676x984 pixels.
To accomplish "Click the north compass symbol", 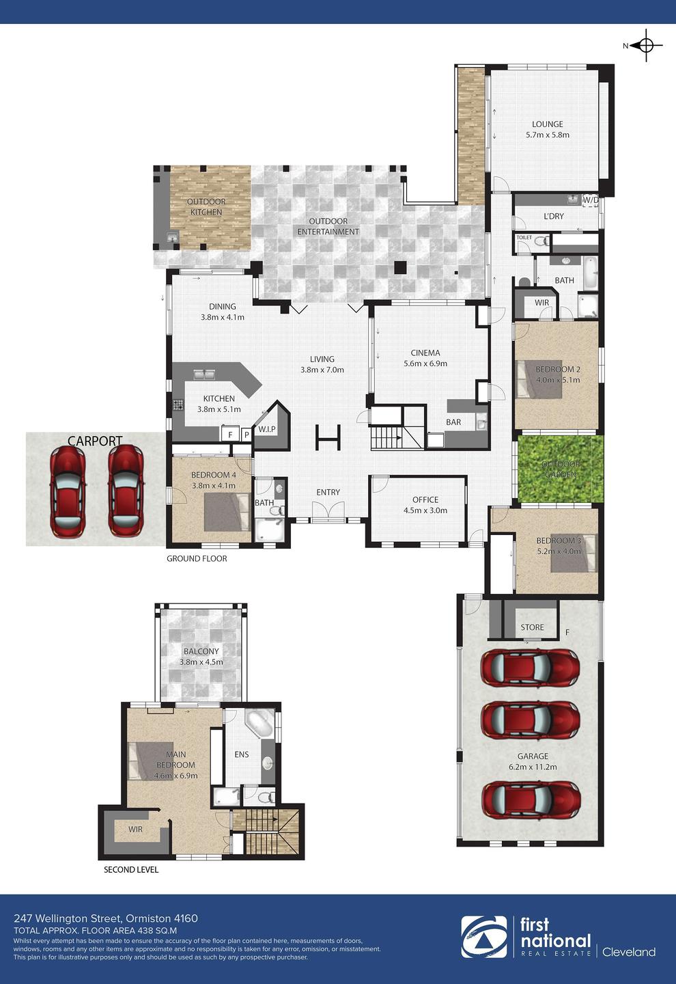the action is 646,45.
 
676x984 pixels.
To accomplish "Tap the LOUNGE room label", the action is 548,124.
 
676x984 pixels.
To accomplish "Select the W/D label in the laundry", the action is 591,200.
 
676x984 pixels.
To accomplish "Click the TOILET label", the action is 524,237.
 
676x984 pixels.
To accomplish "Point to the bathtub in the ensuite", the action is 258,724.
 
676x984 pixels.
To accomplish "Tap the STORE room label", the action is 532,627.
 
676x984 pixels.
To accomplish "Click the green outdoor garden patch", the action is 560,469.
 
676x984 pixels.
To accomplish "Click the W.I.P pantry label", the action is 267,429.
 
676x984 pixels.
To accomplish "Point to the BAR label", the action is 453,422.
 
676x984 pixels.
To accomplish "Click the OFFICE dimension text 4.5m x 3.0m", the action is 425,510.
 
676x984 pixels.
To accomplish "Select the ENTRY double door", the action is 328,512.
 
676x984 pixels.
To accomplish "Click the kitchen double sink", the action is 205,374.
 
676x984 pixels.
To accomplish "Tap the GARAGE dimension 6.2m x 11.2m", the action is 533,767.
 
